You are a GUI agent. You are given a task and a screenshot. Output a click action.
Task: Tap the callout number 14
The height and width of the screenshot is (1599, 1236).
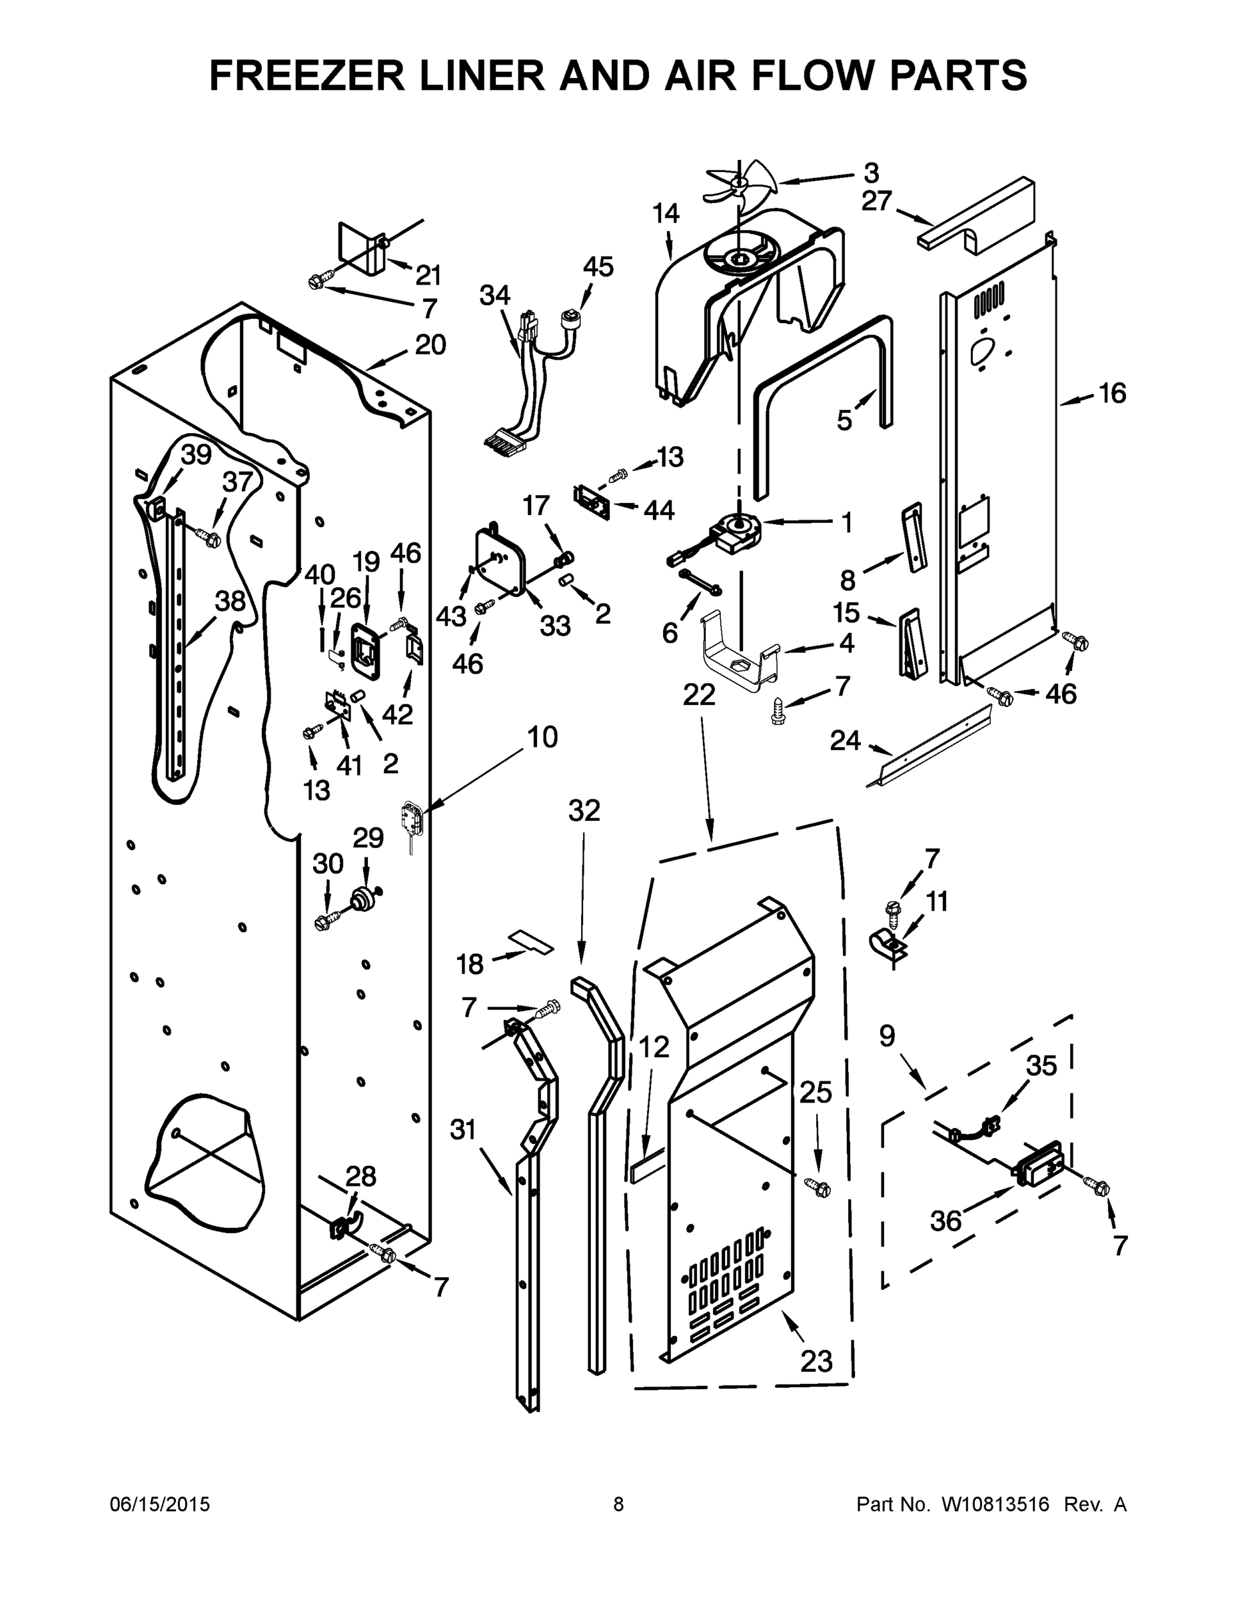coord(666,213)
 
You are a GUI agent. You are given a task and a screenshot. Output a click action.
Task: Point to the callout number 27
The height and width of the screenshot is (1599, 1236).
coord(876,200)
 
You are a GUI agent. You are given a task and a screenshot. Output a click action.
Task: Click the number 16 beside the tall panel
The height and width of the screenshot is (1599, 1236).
coord(1112,393)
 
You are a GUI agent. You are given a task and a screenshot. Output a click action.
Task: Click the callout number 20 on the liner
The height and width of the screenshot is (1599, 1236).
coord(430,344)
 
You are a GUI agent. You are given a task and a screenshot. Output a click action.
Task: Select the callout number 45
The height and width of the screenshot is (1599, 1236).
coord(598,266)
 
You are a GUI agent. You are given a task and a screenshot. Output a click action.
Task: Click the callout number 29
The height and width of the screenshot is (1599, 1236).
coord(368,837)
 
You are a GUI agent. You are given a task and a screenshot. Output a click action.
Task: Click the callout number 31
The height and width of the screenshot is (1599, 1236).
coord(463,1130)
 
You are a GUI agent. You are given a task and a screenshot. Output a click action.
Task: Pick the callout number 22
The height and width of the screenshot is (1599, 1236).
coord(698,694)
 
